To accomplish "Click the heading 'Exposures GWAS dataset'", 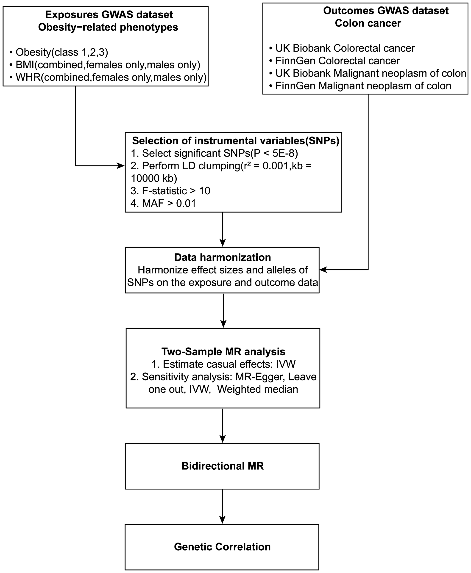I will tap(109, 15).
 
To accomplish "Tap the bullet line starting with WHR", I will tap(111, 77).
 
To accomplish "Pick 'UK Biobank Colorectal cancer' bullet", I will tap(345, 48).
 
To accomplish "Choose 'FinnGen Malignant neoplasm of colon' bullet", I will tap(363, 86).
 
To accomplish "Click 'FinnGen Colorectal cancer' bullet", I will tap(337, 61).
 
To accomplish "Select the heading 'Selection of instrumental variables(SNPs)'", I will tap(235, 141).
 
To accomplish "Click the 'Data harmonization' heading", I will tap(223, 257).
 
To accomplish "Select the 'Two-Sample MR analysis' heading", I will tap(223, 352).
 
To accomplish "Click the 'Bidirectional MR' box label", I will tap(223, 466).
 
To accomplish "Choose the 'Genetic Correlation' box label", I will tap(222, 547).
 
